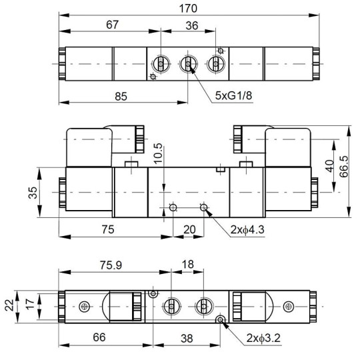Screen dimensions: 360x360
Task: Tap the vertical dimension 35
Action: (41, 192)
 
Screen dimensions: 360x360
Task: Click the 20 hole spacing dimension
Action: (190, 229)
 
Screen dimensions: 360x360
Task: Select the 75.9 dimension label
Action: (110, 265)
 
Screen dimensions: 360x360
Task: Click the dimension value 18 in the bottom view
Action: (188, 265)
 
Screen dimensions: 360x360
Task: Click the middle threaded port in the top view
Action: (189, 64)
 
